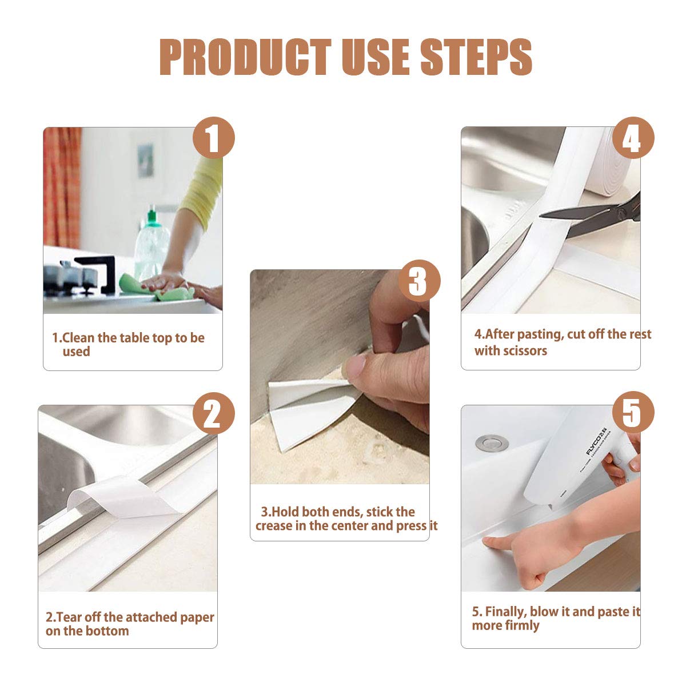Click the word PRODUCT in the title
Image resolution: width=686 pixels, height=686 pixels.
[245, 57]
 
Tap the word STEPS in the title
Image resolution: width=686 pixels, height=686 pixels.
[476, 57]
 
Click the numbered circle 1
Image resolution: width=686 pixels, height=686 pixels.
[214, 138]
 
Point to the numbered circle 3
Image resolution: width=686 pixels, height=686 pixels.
[420, 281]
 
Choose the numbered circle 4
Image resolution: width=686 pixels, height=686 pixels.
[633, 138]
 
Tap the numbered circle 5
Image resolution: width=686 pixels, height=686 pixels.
[633, 412]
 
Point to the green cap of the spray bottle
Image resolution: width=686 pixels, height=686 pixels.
[153, 218]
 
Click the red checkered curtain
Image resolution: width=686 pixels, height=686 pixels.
[62, 188]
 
